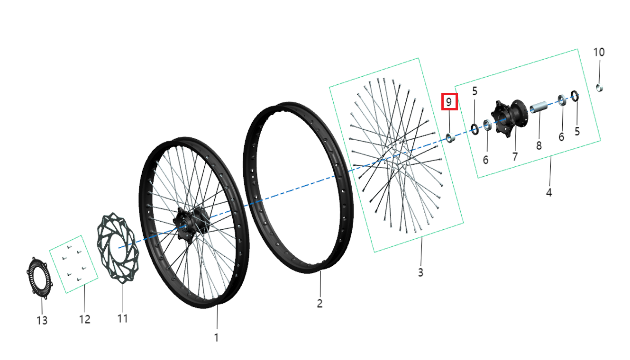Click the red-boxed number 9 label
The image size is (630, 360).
pos(449,101)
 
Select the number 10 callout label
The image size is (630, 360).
pos(599,52)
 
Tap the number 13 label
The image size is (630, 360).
pos(42,320)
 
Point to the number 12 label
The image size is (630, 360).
pos(85,319)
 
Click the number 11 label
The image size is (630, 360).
pos(122,318)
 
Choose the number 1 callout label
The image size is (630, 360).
pos(216,338)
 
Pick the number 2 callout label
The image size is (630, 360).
pos(320,303)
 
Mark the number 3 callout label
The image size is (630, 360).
pos(420,272)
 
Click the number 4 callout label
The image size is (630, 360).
pos(549,192)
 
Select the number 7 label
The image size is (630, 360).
pos(515,156)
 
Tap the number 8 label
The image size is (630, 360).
pos(539,145)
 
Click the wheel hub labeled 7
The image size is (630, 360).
pos(509,118)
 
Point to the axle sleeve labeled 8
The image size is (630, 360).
pos(539,107)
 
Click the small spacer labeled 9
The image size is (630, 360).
pos(450,138)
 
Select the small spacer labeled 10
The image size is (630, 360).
pos(599,88)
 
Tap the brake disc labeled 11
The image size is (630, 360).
pos(118,248)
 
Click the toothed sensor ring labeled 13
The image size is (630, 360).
pos(39,278)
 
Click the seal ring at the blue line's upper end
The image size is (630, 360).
pos(575,96)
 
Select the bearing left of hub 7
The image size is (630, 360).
pos(487,125)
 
